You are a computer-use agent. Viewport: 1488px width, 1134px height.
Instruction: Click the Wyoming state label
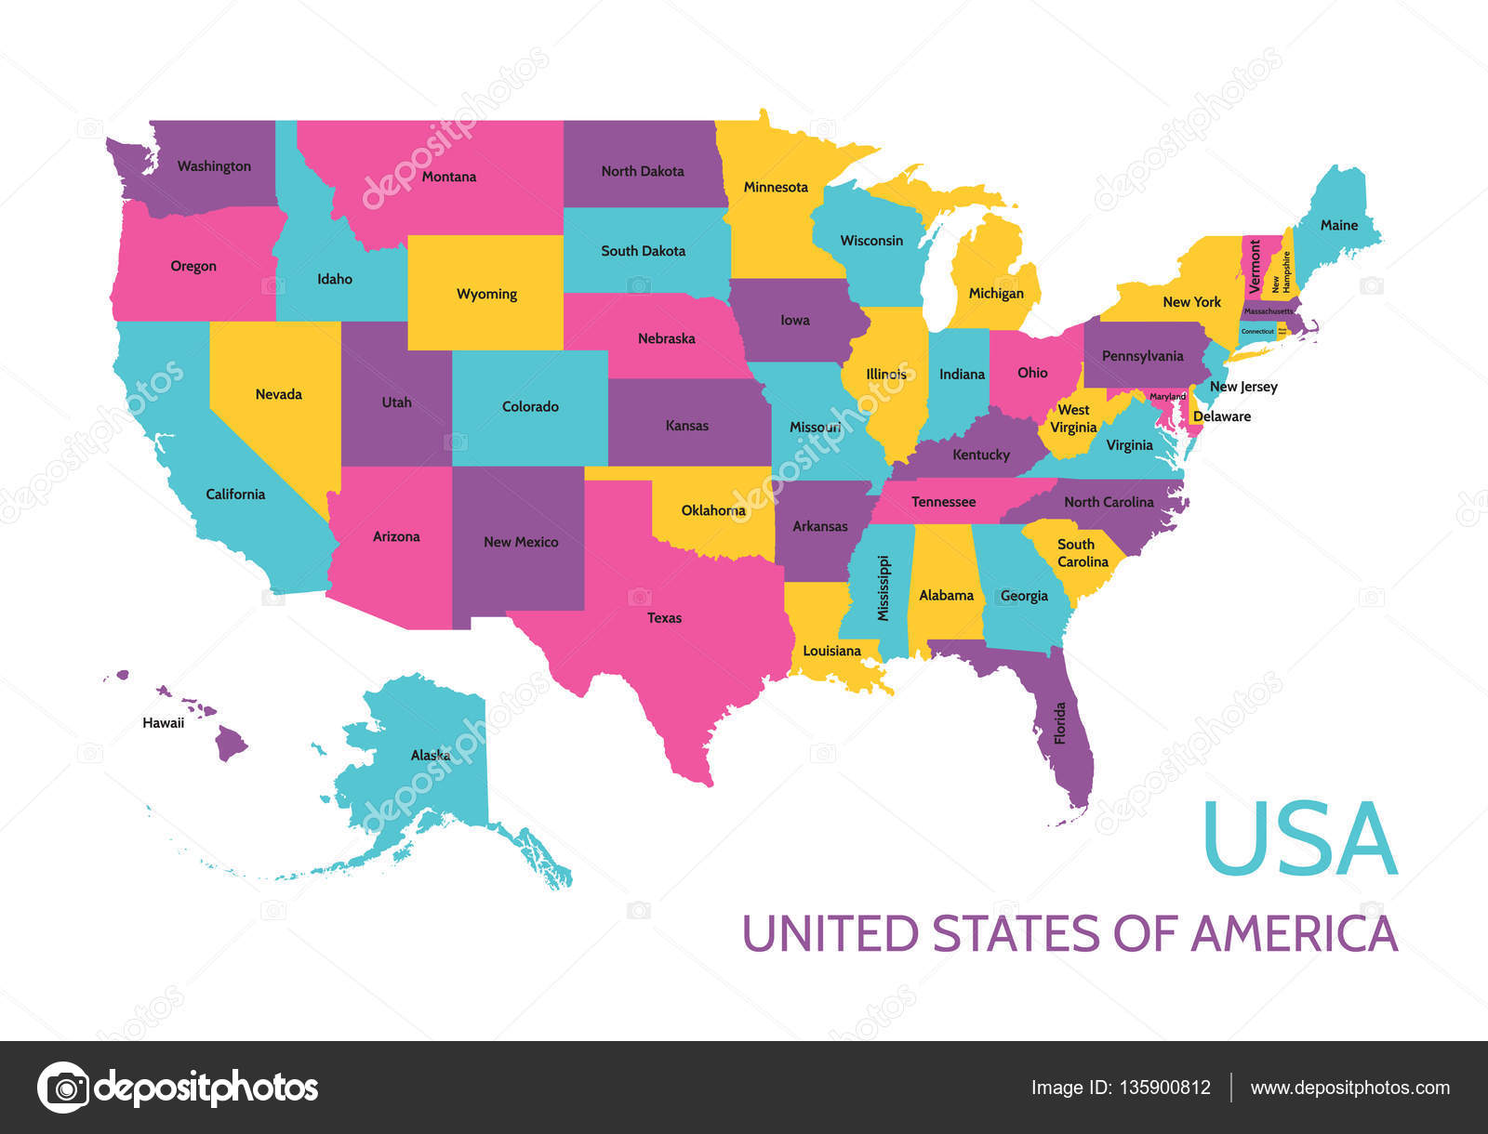(486, 294)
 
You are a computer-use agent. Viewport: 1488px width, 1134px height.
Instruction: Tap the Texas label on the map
(664, 617)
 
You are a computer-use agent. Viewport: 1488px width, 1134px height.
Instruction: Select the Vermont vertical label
(1255, 266)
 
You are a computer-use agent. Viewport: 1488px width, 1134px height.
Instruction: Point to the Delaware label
(1221, 416)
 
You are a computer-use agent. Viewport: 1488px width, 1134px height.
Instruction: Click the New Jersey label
(1242, 387)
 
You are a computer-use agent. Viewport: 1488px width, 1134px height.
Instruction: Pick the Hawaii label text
(163, 722)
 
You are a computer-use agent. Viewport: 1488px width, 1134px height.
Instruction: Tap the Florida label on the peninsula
(1060, 723)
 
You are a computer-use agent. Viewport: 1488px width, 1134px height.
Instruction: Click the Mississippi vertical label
(883, 588)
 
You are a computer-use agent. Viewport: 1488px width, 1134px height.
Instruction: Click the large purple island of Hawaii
(231, 743)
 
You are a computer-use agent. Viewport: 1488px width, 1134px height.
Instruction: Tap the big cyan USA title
(1299, 840)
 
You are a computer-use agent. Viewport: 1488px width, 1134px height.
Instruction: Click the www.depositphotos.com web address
(1349, 1088)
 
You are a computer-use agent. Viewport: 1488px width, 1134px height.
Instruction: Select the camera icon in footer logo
(63, 1087)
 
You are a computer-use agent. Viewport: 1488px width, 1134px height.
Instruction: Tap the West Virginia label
(1073, 418)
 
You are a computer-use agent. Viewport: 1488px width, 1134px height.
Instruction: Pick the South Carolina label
(1082, 553)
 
